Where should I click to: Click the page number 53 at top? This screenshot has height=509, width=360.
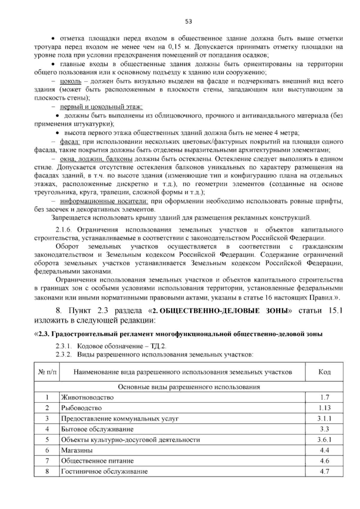[x=188, y=21]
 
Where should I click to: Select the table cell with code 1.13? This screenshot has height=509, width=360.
[x=324, y=408]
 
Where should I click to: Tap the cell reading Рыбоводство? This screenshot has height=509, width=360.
[x=81, y=408]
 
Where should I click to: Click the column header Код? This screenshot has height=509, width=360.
[x=324, y=372]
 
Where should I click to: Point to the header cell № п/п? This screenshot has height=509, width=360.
[x=47, y=372]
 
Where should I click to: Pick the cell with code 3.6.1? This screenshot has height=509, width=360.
[x=324, y=440]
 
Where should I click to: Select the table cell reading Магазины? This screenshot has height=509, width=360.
[x=77, y=450]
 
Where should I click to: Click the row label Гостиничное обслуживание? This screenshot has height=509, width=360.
[x=104, y=471]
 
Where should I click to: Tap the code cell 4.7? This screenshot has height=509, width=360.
[x=324, y=471]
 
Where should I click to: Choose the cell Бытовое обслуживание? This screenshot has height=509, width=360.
[x=97, y=429]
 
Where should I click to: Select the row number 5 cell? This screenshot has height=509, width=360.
[x=47, y=440]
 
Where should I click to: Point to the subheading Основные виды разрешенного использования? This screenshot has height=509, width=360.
[x=189, y=387]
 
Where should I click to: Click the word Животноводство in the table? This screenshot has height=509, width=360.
[x=87, y=397]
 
